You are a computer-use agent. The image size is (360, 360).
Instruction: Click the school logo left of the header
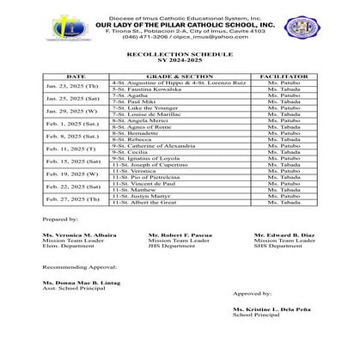pyautogui.click(x=61, y=27)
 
